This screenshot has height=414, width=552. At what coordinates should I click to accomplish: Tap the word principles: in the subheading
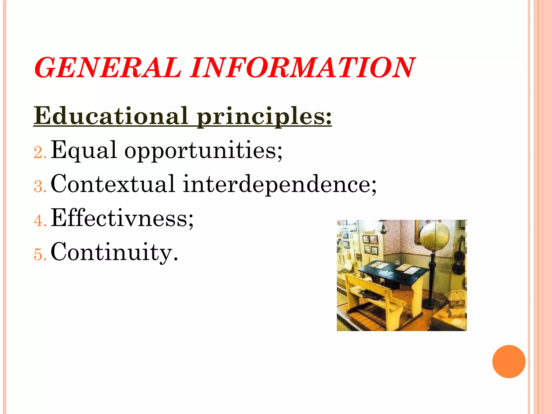264,116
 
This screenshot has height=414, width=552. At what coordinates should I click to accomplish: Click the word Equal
84,150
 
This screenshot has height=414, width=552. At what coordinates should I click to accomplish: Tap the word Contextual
113,184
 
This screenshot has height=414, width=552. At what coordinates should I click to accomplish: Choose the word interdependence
279,184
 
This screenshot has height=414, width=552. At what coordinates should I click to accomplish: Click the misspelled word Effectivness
122,218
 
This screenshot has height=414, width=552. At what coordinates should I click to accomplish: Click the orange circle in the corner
509,361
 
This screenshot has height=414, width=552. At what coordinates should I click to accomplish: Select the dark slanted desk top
394,272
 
